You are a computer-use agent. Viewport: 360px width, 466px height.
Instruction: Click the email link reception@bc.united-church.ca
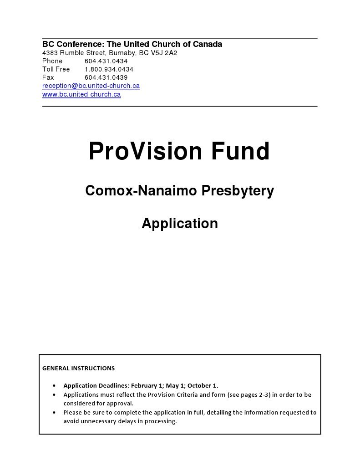[x=91, y=86]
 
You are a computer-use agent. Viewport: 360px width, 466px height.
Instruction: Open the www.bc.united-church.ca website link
[x=81, y=94]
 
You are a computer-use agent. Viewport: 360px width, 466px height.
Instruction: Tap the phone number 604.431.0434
[x=106, y=61]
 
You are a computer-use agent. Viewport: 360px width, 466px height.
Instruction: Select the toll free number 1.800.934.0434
[x=109, y=69]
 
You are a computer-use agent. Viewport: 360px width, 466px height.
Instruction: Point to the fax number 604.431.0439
[x=106, y=77]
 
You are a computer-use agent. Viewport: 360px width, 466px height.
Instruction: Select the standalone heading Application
[x=180, y=223]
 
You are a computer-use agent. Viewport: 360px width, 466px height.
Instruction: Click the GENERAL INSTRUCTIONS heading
[x=78, y=368]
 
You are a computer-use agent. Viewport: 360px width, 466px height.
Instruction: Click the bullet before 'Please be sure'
[x=55, y=413]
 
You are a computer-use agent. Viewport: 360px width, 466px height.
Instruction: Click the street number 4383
[x=50, y=53]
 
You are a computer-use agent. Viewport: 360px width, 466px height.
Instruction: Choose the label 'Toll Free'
[x=56, y=69]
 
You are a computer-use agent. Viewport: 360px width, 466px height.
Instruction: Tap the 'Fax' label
[x=48, y=77]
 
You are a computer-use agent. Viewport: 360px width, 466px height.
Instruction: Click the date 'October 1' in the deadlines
[x=202, y=385]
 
